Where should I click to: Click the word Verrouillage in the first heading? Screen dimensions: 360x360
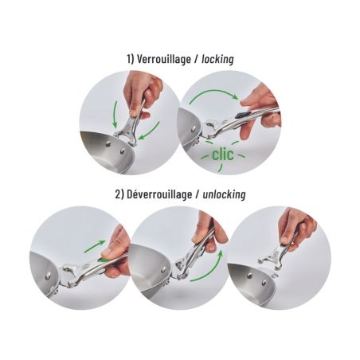[164, 59]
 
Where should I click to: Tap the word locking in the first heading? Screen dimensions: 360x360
[217, 59]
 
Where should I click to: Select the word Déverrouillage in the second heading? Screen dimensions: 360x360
[159, 194]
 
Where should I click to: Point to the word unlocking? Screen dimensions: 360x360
[224, 194]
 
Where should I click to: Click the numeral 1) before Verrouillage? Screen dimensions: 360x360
[131, 59]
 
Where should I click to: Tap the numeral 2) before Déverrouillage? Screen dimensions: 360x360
[119, 194]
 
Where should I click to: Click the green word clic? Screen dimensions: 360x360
[223, 155]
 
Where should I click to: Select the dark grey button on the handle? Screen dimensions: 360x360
[241, 115]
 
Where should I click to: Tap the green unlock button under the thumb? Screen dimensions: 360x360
[103, 260]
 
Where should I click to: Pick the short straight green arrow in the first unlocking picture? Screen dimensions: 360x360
[95, 246]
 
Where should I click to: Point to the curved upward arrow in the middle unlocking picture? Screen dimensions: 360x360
[211, 270]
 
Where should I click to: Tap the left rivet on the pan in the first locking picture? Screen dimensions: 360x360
[108, 144]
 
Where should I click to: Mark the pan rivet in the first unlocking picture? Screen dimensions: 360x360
[48, 276]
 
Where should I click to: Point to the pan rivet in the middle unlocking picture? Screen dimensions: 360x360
[163, 270]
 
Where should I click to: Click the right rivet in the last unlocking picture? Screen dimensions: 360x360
[264, 283]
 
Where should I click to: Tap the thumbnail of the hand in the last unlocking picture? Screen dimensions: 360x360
[285, 241]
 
